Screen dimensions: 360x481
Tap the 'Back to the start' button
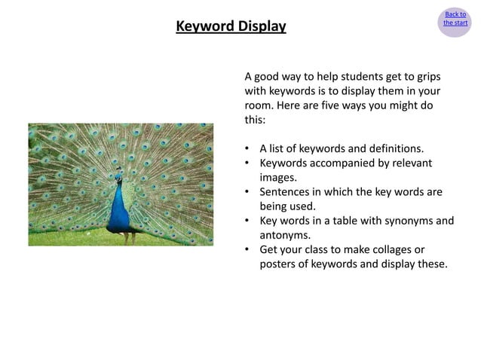tap(455, 19)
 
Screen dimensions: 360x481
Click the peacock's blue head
tap(119, 179)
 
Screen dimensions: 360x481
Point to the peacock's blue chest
tap(118, 211)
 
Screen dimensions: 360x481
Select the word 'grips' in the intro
tap(426, 77)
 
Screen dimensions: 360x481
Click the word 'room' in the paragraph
tap(260, 105)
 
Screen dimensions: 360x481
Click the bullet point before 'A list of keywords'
tap(248, 149)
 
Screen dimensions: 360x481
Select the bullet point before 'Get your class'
tap(248, 250)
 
